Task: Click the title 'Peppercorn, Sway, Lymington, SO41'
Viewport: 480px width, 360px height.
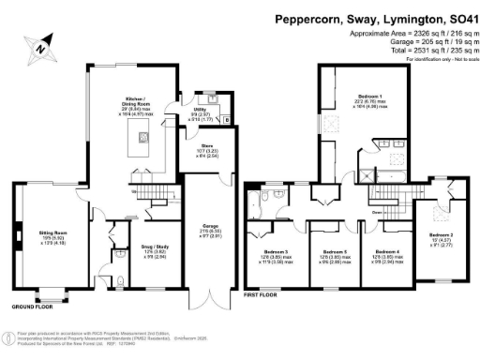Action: tap(373, 18)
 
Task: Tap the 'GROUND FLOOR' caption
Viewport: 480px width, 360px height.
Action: tap(32, 307)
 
